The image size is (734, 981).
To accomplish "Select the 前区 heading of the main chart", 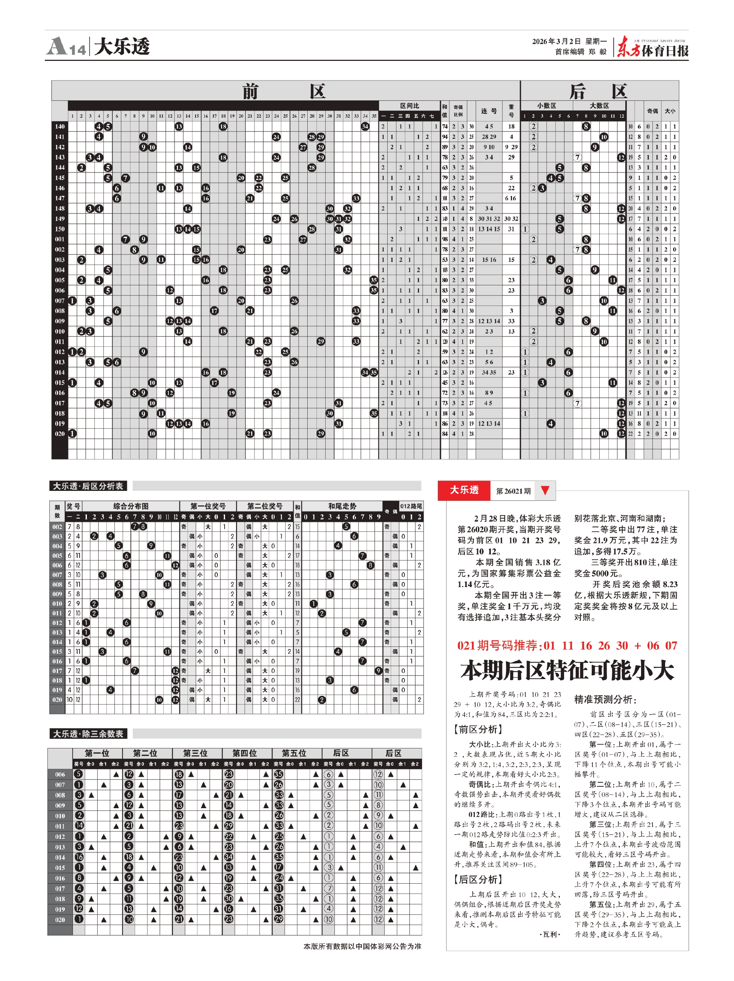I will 284,91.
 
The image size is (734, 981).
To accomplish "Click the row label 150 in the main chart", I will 60,229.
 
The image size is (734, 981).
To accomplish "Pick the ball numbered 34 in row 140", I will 365,126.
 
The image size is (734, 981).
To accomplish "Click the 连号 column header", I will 489,111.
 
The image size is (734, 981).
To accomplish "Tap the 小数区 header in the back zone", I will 546,105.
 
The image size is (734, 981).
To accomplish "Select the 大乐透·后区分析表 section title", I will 88,486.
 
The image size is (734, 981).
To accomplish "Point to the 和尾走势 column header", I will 342,506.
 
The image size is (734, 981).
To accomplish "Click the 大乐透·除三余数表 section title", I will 88,734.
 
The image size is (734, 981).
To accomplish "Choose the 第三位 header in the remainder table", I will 195,753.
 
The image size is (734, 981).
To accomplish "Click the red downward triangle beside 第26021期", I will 545,490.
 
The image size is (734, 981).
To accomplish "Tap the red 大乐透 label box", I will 464,490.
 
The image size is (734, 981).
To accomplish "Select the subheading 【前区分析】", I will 478,729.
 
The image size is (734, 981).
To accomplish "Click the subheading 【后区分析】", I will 478,879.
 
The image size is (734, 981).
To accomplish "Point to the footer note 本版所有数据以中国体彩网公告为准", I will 362,946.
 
